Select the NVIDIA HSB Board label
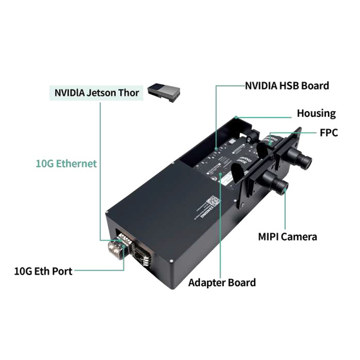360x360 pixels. [x=287, y=85]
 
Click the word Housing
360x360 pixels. [x=316, y=113]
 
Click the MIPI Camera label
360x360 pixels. [x=287, y=237]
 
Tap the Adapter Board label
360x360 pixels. [x=222, y=282]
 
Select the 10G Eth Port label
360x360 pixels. [x=42, y=271]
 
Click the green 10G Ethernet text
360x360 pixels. [x=66, y=163]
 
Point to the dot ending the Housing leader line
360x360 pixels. [x=238, y=117]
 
